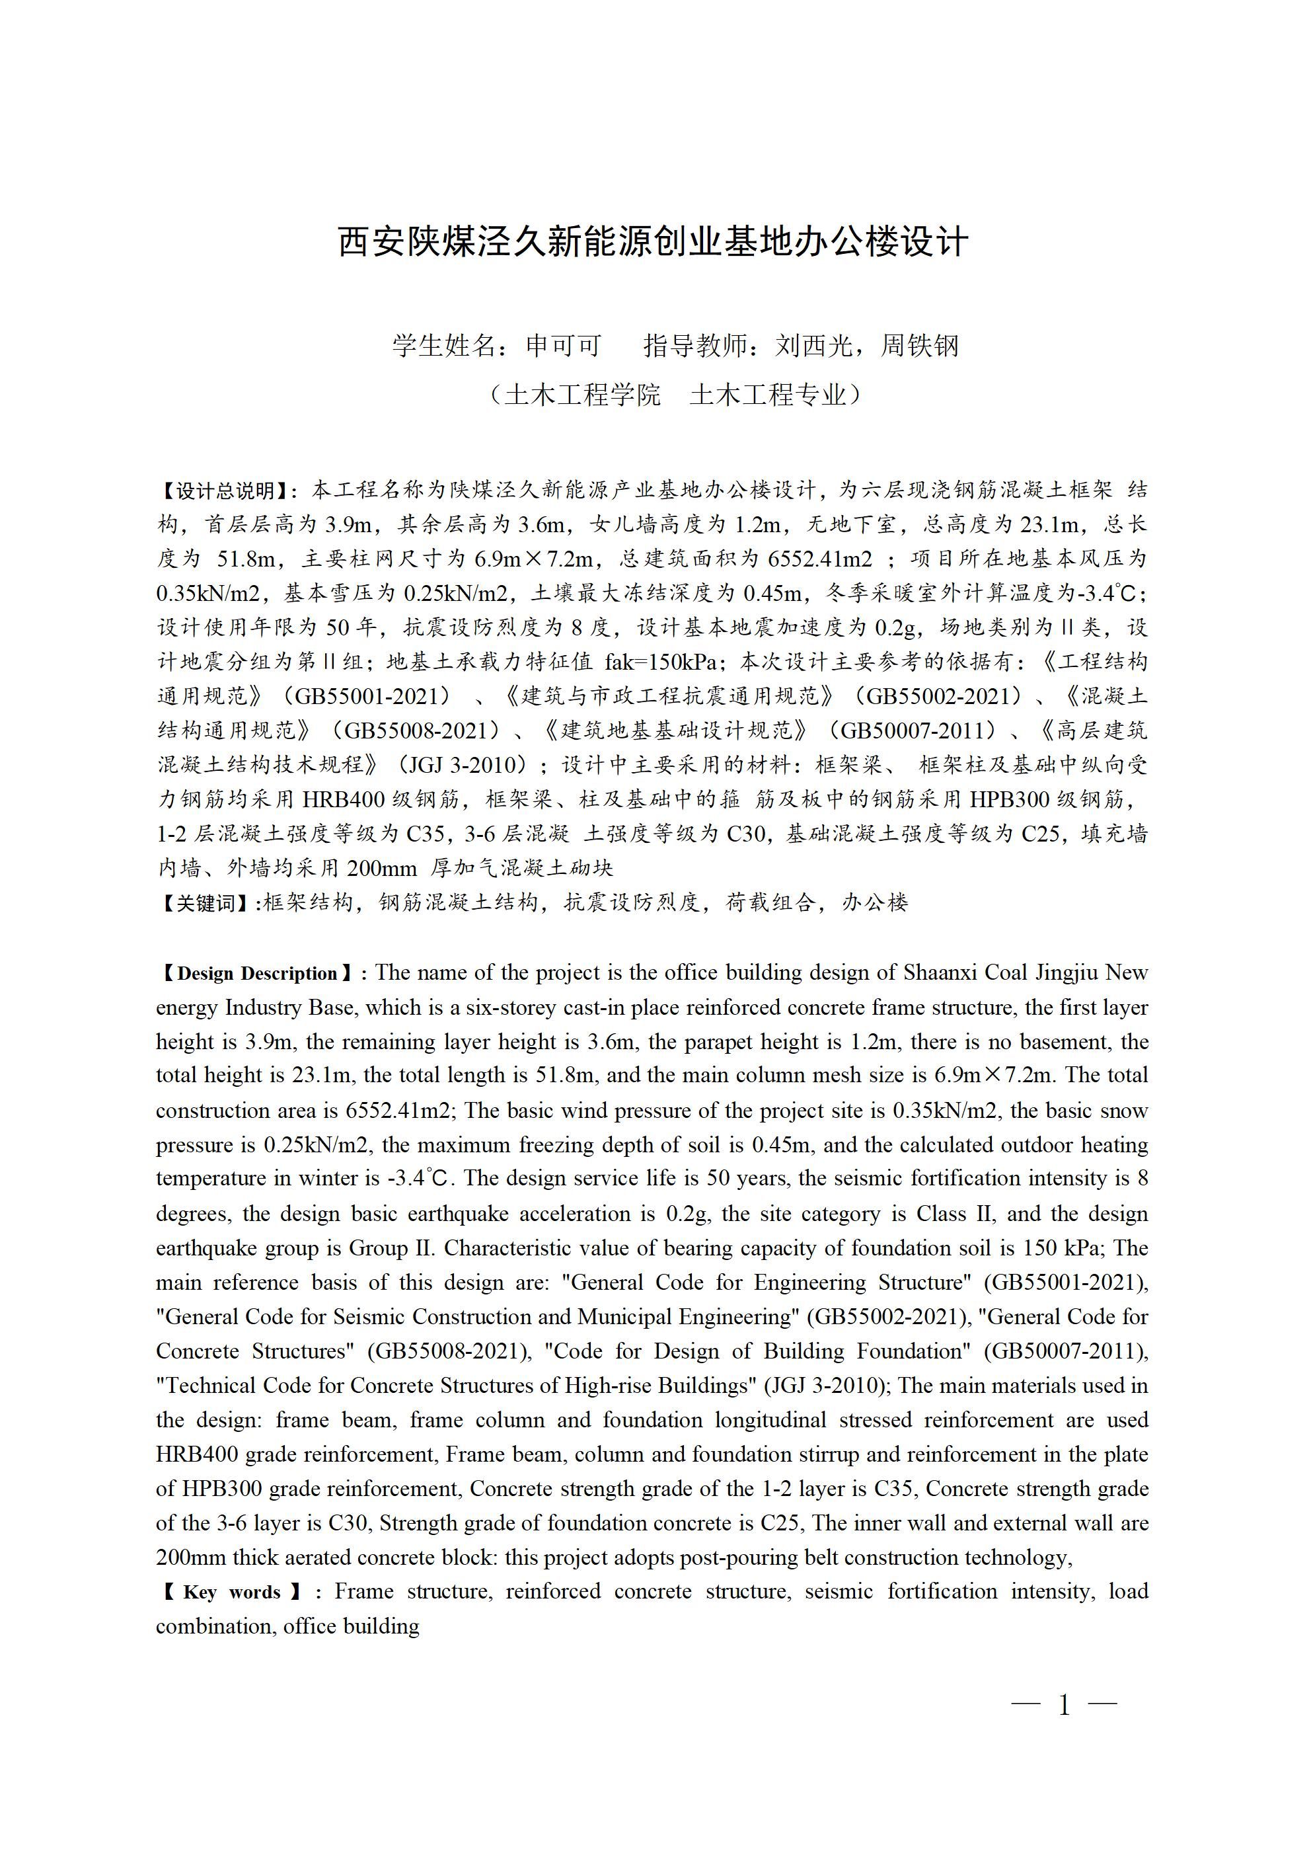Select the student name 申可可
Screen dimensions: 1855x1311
[564, 346]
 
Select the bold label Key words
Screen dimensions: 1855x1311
[232, 1593]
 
